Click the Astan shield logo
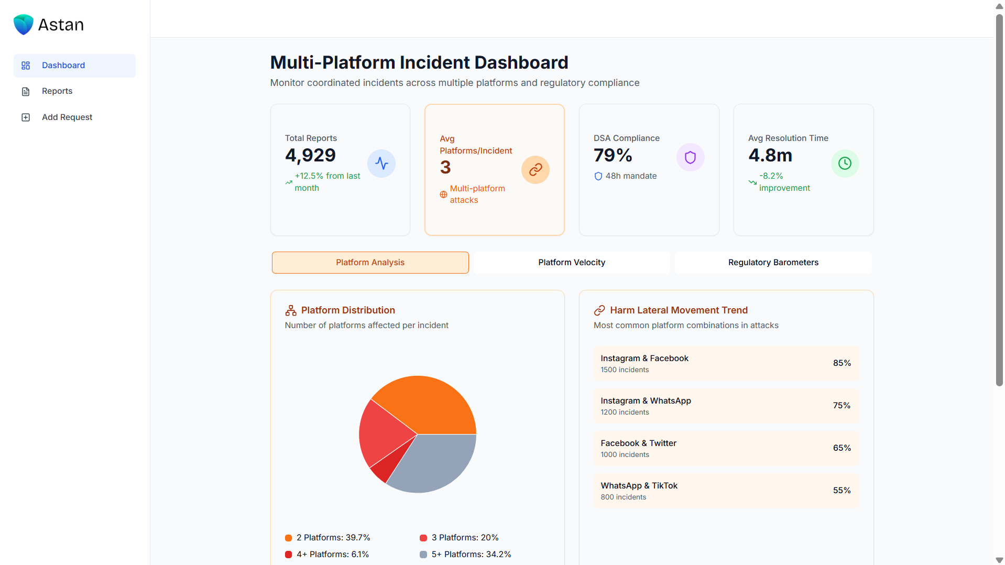click(x=24, y=25)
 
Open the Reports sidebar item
click(x=57, y=91)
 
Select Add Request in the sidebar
click(x=67, y=117)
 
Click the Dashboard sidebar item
click(x=63, y=66)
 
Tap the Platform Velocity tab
click(x=571, y=263)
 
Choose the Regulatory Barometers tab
click(x=773, y=263)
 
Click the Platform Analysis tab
click(x=370, y=263)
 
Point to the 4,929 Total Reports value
click(x=310, y=156)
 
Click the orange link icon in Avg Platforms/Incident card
click(x=535, y=170)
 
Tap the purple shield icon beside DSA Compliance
click(x=690, y=157)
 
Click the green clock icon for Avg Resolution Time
click(x=845, y=164)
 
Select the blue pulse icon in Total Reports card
click(x=381, y=164)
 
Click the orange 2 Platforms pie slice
click(x=430, y=404)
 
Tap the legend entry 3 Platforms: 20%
click(x=464, y=538)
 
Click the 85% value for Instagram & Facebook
click(x=842, y=363)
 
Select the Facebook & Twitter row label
click(x=638, y=443)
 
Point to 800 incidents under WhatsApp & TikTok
click(x=623, y=497)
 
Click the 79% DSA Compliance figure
click(x=613, y=156)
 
